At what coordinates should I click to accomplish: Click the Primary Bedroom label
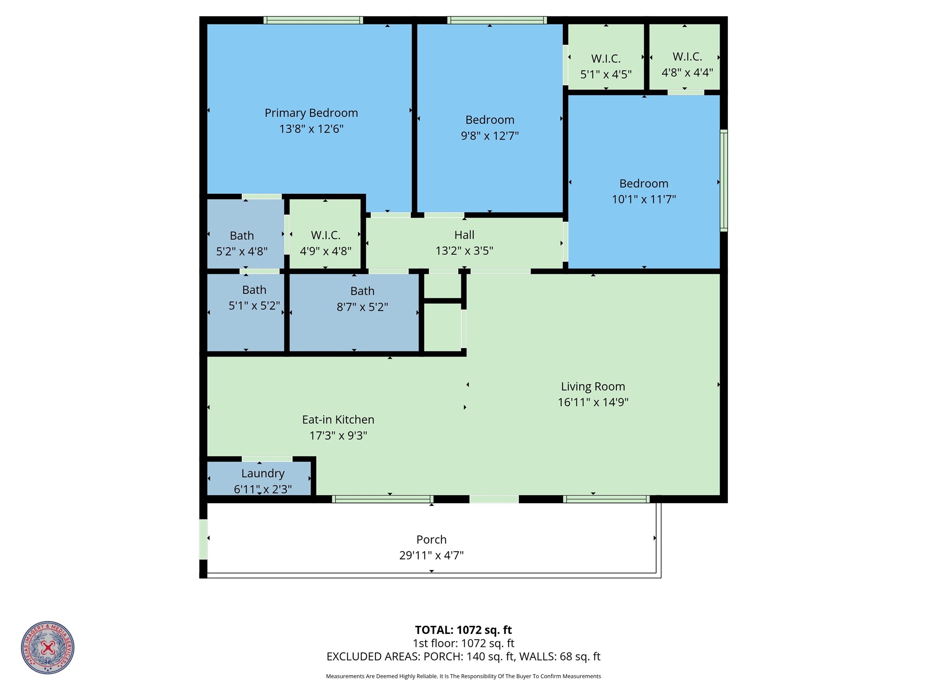coord(311,113)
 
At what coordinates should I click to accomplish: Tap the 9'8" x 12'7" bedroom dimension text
coord(490,136)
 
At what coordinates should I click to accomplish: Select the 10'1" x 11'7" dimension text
coord(644,199)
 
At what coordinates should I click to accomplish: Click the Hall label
coord(464,235)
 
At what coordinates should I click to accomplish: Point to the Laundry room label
coord(263,474)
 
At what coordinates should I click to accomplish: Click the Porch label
coord(431,540)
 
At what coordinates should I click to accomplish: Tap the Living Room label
coord(593,387)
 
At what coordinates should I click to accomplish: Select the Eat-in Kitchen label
coord(338,420)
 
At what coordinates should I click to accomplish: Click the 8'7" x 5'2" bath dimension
coord(362,307)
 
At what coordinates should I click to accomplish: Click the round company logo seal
coord(48,647)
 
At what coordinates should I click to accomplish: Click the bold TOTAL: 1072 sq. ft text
coord(463,630)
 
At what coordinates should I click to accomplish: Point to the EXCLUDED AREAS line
coord(463,657)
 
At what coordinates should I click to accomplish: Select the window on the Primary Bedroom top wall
coord(313,20)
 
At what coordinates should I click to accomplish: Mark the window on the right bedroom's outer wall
coord(724,180)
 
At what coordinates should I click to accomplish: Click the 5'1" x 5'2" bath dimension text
coord(254,306)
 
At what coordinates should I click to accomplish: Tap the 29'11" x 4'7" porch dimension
coord(431,556)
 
